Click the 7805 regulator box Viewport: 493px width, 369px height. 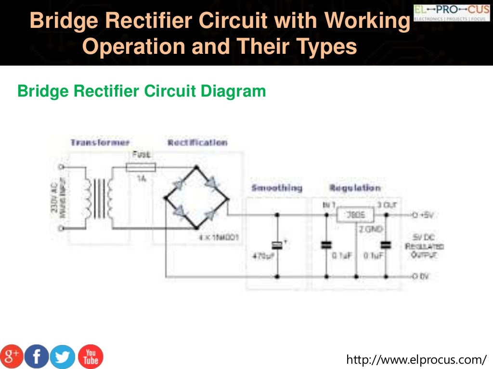point(355,216)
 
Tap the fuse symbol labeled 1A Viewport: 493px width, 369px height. point(141,167)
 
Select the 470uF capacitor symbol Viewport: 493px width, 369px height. point(277,245)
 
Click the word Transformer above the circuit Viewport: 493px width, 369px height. point(100,143)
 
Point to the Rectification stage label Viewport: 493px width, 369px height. point(197,143)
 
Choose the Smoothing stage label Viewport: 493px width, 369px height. point(277,188)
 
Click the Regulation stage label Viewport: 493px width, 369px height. point(355,188)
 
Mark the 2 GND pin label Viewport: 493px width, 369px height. point(370,230)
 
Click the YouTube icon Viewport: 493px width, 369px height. point(91,356)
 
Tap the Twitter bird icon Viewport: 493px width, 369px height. point(63,356)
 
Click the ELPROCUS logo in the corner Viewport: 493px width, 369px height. point(451,12)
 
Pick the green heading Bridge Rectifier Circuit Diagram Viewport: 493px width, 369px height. point(142,91)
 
